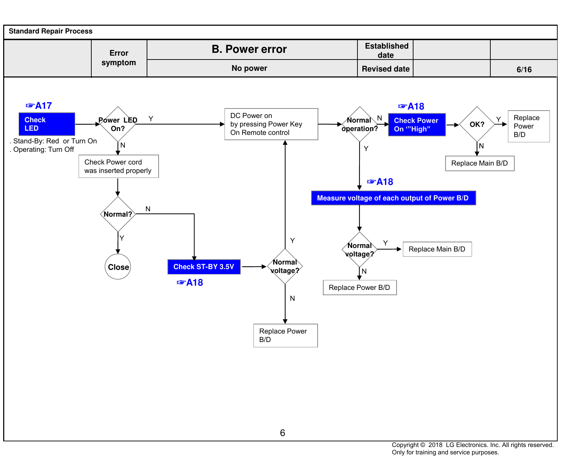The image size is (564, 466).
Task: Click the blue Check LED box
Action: [47, 124]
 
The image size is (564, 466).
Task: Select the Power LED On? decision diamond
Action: [118, 124]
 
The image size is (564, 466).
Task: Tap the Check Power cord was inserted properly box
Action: [119, 166]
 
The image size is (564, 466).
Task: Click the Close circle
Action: [118, 267]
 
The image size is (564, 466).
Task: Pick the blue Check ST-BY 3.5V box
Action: [204, 267]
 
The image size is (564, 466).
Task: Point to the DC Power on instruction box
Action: [271, 124]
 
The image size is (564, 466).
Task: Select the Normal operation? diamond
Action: [360, 124]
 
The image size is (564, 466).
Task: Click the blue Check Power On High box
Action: [417, 125]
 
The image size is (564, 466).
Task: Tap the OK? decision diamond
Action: [477, 124]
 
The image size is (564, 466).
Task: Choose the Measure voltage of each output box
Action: [394, 198]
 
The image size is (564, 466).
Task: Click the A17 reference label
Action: [39, 106]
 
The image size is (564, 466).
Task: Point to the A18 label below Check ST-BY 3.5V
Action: [190, 282]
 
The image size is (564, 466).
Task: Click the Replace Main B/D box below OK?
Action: [480, 163]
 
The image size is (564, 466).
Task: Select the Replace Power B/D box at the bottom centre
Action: [286, 335]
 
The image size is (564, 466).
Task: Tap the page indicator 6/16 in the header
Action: [524, 69]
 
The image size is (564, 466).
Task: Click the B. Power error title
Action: [249, 49]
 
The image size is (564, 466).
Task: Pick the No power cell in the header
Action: [249, 68]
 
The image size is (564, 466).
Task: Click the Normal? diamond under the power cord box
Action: [118, 214]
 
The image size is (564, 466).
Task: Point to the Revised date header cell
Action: [386, 69]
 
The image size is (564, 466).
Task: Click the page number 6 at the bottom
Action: [282, 433]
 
